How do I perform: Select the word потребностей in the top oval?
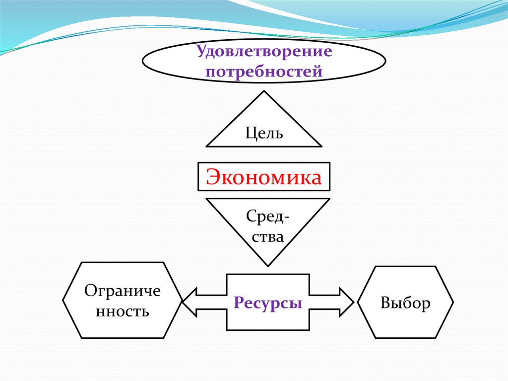[x=264, y=72]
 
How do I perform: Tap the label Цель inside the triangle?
[x=264, y=133]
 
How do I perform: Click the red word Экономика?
[x=263, y=177]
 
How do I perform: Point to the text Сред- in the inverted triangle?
[x=268, y=217]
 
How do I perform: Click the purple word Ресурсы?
[x=268, y=302]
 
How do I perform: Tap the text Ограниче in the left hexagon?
[x=123, y=291]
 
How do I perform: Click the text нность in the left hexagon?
[x=123, y=311]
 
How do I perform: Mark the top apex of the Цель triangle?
[x=264, y=91]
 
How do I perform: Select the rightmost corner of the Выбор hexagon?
[x=453, y=302]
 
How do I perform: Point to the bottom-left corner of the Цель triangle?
[x=206, y=146]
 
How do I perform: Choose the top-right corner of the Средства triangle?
[x=329, y=199]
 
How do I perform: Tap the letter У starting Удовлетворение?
[x=200, y=51]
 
